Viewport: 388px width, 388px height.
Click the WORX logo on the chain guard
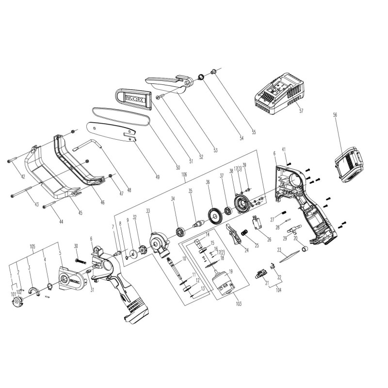point(134,99)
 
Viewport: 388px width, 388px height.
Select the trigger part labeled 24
point(235,235)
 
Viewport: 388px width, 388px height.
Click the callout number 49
point(157,177)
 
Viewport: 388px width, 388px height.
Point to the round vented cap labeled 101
point(17,302)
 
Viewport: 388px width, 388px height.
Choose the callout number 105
point(32,246)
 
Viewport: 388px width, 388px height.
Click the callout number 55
point(253,132)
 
